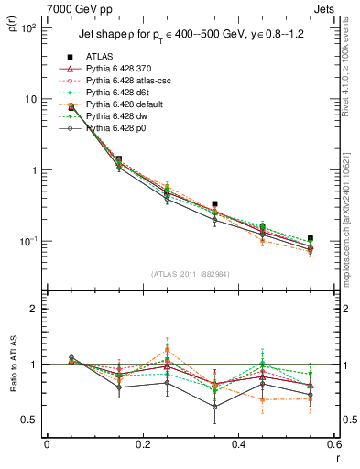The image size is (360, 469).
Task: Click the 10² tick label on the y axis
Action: pyautogui.click(x=27, y=28)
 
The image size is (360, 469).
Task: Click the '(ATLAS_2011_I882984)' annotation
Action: pyautogui.click(x=191, y=273)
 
